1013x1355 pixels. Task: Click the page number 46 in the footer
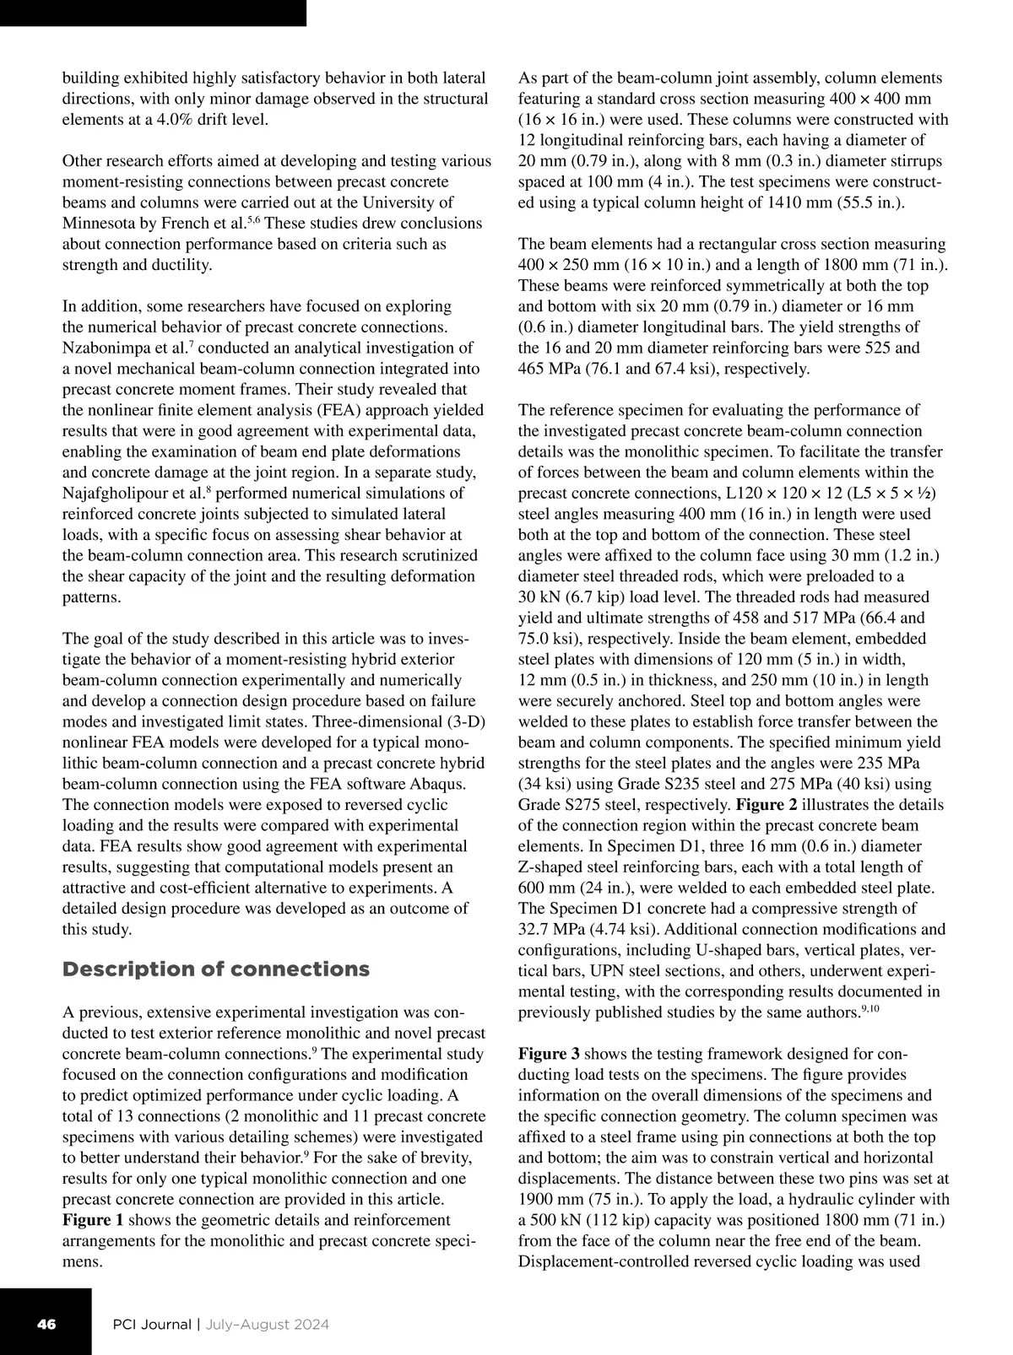[x=46, y=1324]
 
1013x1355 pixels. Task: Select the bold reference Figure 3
[x=549, y=1055]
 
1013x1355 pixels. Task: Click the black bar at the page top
[x=152, y=13]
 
